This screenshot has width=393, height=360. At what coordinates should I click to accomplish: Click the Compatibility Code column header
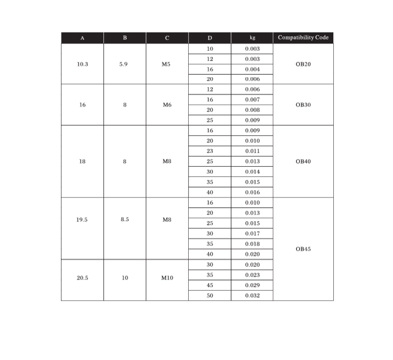[303, 38]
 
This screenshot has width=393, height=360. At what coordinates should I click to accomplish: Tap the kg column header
[252, 38]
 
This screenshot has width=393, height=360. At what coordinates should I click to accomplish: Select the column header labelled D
[210, 38]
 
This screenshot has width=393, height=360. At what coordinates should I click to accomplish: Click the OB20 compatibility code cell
[303, 64]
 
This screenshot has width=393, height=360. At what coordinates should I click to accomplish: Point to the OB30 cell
[303, 105]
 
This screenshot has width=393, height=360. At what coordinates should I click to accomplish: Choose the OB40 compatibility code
[303, 161]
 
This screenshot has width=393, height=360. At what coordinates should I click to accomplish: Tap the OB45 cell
[303, 249]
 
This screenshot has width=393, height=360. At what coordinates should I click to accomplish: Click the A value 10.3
[82, 64]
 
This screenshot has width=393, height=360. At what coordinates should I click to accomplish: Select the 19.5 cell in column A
[82, 219]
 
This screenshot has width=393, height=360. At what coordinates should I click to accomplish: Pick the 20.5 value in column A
[82, 278]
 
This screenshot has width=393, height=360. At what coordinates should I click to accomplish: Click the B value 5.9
[124, 64]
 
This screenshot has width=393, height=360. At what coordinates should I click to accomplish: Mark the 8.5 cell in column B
[124, 219]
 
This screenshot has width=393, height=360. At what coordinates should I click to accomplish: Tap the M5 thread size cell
[167, 64]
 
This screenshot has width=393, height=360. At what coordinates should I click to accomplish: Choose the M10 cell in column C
[167, 278]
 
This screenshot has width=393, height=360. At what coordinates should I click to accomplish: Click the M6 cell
[167, 105]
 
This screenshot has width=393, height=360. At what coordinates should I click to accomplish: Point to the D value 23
[210, 151]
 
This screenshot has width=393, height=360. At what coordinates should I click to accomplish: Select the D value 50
[210, 295]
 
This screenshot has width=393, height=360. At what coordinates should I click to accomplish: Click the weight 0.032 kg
[252, 295]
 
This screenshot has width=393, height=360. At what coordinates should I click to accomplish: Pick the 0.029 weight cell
[252, 285]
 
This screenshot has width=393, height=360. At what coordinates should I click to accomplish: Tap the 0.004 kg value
[252, 69]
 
